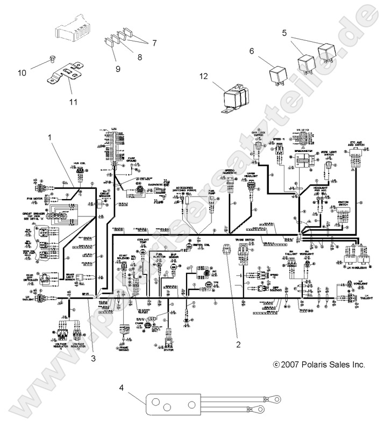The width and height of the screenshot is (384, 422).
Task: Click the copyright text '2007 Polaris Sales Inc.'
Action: (x=319, y=365)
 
